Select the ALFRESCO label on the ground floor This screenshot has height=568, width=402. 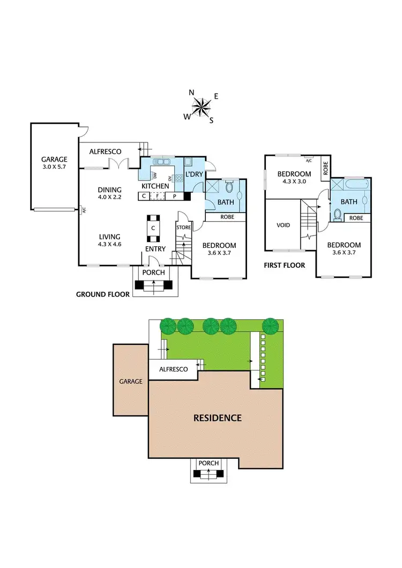(105, 152)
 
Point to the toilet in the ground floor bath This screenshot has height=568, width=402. (230, 187)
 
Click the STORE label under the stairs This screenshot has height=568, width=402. (183, 228)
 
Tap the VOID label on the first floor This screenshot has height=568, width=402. (283, 225)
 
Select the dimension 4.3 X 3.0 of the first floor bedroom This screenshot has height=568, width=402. (294, 182)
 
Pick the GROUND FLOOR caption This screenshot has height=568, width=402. (102, 294)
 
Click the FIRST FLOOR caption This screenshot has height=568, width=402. (284, 265)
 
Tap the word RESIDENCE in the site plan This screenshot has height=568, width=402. (218, 418)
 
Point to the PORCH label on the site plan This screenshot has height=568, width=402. (209, 463)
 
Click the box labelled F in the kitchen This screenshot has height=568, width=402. (158, 196)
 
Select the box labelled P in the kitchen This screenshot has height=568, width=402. (174, 196)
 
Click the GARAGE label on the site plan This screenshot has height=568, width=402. (130, 382)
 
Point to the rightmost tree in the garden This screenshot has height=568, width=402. (272, 325)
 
